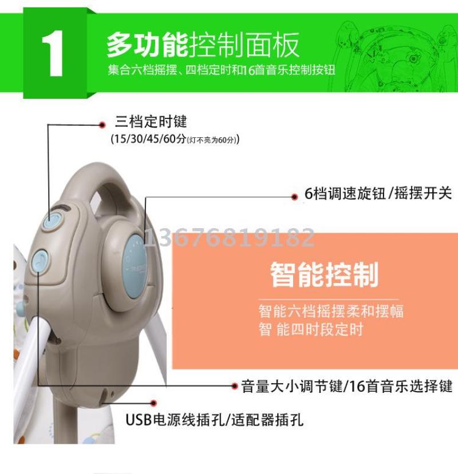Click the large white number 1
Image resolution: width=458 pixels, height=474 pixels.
[53, 54]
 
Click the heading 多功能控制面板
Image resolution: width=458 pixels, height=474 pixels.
[203, 45]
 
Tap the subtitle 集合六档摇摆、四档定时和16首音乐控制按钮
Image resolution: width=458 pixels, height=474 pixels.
[222, 70]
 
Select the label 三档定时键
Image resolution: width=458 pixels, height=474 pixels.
[151, 122]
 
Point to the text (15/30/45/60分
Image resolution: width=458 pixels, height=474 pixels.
[148, 139]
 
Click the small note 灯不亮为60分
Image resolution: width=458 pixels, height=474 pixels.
[211, 140]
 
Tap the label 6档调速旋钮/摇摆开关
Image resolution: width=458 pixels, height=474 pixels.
[378, 193]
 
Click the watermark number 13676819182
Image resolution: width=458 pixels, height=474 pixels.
[230, 237]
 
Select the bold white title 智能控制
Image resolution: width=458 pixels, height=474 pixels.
[324, 274]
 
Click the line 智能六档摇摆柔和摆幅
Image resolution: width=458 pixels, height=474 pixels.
[331, 311]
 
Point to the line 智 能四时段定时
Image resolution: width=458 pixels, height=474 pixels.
[310, 329]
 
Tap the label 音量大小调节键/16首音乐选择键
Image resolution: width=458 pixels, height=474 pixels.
[347, 387]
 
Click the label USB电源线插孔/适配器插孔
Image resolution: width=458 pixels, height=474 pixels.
[214, 420]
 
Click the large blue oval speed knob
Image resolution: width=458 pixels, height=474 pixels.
[135, 266]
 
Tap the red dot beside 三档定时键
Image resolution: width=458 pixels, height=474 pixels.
[102, 125]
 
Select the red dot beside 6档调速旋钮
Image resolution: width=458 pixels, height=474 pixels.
[294, 197]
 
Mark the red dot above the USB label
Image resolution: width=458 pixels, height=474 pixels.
[153, 403]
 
